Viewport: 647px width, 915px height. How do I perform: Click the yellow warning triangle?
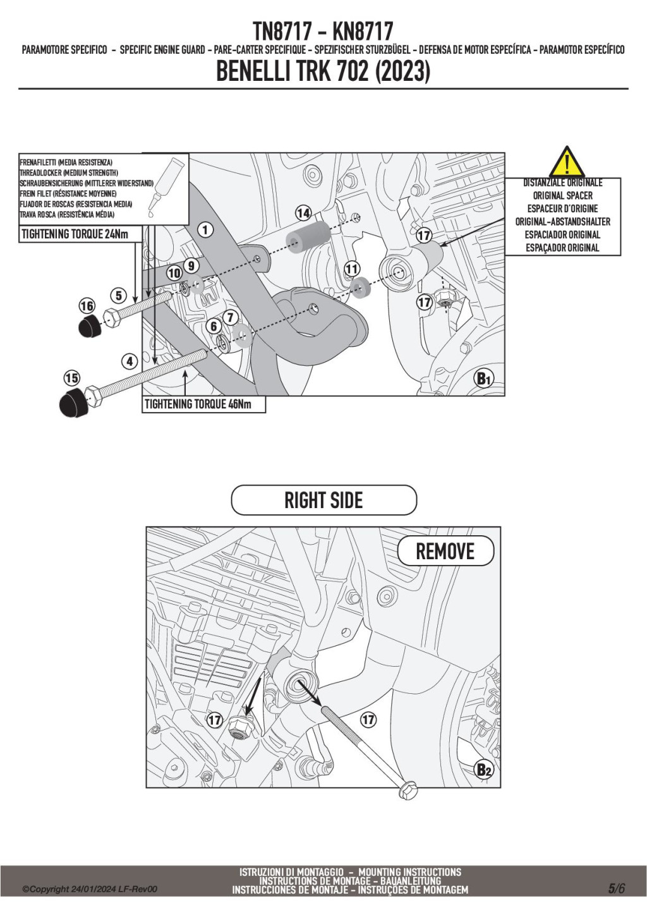pyautogui.click(x=566, y=162)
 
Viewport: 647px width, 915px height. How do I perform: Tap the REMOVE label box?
pyautogui.click(x=445, y=551)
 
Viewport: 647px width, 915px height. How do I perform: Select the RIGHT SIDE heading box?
pyautogui.click(x=323, y=500)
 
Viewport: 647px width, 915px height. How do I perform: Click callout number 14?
pyautogui.click(x=303, y=214)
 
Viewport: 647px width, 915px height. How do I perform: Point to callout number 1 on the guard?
pyautogui.click(x=205, y=229)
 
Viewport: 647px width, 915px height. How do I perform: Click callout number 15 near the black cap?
pyautogui.click(x=71, y=378)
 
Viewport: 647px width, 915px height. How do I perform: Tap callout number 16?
pyautogui.click(x=87, y=306)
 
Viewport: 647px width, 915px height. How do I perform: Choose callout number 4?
pyautogui.click(x=130, y=361)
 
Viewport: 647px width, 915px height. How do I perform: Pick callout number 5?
pyautogui.click(x=118, y=295)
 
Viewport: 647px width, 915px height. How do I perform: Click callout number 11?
pyautogui.click(x=352, y=269)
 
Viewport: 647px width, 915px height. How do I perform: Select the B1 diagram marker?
pyautogui.click(x=483, y=379)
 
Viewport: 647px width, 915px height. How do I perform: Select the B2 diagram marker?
pyautogui.click(x=483, y=770)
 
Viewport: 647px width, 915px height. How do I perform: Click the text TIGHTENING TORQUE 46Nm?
pyautogui.click(x=198, y=404)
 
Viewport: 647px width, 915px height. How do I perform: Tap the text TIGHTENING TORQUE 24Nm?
pyautogui.click(x=75, y=234)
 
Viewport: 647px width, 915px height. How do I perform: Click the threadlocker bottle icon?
pyautogui.click(x=166, y=185)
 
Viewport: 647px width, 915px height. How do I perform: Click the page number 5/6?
pyautogui.click(x=617, y=888)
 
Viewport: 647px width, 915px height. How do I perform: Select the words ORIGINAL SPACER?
pyautogui.click(x=562, y=196)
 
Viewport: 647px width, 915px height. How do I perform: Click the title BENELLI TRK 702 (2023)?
pyautogui.click(x=323, y=71)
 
